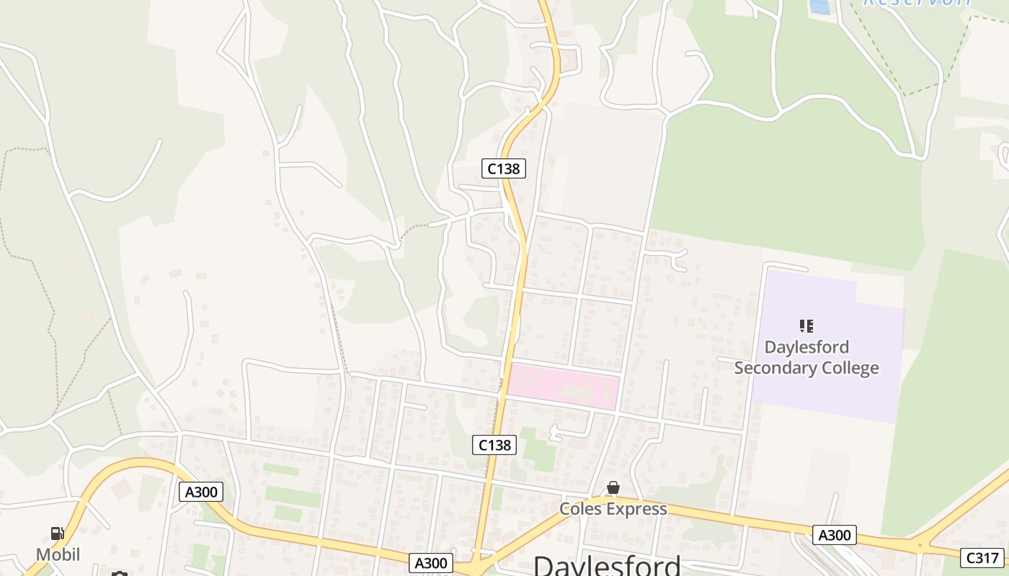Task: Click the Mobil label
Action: point(58,554)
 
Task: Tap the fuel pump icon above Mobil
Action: point(57,534)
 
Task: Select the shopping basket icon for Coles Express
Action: point(613,488)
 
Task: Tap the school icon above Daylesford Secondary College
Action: point(806,326)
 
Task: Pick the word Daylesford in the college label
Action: point(806,347)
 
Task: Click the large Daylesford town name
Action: point(607,564)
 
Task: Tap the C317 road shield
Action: point(982,557)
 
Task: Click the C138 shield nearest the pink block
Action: point(495,445)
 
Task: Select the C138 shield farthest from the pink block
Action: point(503,168)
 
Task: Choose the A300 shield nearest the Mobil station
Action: point(201,492)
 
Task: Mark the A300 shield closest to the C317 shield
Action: point(835,535)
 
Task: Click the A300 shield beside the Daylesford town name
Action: point(431,563)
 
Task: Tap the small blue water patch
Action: point(819,6)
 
